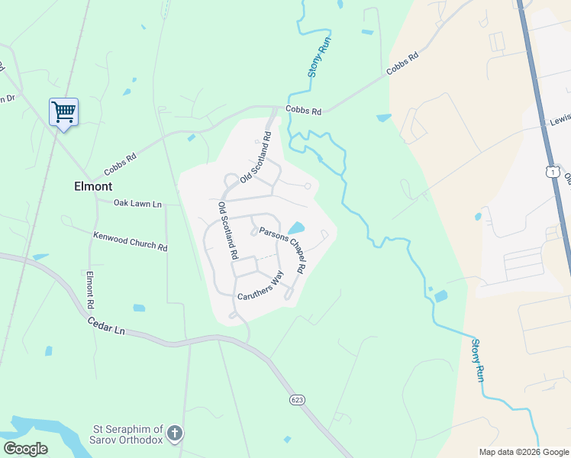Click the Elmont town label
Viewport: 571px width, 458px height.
point(93,185)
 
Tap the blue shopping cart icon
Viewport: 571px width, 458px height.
point(63,111)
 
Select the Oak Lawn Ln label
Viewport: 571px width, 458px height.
point(137,204)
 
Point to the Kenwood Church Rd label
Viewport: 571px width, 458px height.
point(130,242)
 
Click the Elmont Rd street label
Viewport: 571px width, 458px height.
point(89,290)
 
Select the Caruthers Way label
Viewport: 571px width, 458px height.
point(260,285)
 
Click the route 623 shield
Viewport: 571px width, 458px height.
point(297,400)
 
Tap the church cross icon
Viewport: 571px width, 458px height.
point(175,434)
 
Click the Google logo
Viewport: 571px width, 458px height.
point(25,449)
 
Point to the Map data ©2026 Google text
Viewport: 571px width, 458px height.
point(524,452)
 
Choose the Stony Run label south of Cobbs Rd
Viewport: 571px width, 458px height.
point(477,360)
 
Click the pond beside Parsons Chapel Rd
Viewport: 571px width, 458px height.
point(295,228)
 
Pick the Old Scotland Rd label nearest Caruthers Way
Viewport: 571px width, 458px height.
point(228,231)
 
